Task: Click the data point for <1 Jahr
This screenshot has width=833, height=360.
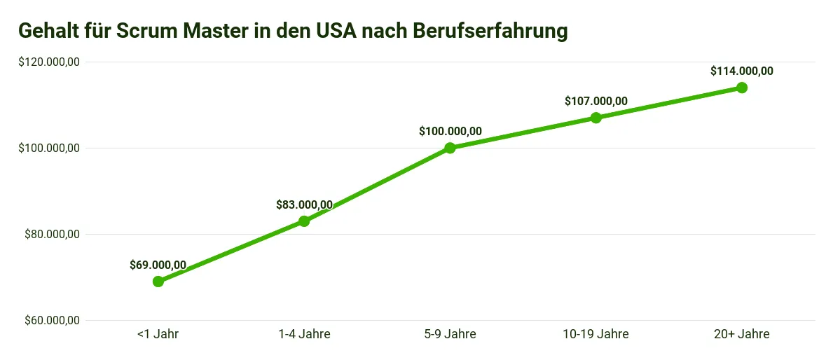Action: (x=158, y=282)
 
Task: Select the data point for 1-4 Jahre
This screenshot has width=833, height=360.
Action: (x=304, y=221)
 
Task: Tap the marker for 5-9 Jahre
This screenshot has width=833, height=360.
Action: (x=450, y=148)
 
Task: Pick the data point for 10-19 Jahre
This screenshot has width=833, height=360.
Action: (x=596, y=118)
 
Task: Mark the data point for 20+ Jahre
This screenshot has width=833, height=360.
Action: (x=742, y=88)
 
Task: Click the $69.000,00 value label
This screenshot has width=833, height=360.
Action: (x=158, y=265)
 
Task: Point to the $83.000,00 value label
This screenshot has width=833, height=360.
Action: (x=304, y=205)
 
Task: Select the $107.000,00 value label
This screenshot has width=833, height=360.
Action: (x=596, y=101)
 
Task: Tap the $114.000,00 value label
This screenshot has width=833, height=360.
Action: (x=742, y=71)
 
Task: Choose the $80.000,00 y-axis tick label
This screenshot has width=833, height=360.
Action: (x=53, y=235)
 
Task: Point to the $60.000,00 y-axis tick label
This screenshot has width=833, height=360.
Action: (x=53, y=321)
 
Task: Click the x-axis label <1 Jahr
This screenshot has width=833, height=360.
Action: (x=158, y=334)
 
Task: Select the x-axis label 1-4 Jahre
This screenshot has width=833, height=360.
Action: (x=304, y=334)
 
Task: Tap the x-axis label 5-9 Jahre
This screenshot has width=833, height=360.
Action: (x=450, y=334)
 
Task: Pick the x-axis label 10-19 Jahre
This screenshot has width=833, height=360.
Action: (x=596, y=334)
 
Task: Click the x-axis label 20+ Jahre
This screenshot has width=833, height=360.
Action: (x=742, y=334)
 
